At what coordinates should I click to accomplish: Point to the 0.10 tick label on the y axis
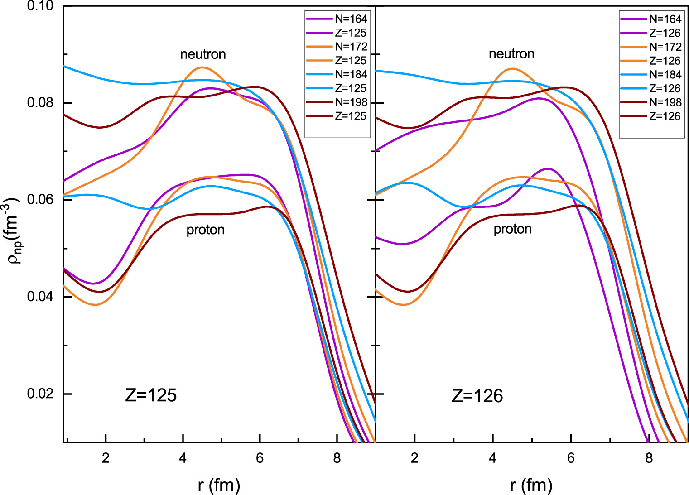click(x=40, y=6)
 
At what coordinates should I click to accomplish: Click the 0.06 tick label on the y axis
click(x=40, y=200)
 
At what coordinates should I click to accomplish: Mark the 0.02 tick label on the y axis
click(x=40, y=394)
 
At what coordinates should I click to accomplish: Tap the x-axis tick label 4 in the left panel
click(x=183, y=458)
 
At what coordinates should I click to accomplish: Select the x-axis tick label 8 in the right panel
click(x=649, y=458)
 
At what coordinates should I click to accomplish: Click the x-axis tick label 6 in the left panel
click(x=260, y=458)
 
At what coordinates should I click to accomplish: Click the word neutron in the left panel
click(x=203, y=54)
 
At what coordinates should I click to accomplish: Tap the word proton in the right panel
click(x=512, y=229)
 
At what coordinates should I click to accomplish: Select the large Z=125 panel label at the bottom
click(x=151, y=395)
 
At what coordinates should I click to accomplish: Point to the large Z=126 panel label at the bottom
click(x=477, y=396)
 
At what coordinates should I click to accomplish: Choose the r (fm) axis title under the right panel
click(x=531, y=485)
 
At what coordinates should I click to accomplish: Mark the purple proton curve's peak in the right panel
click(x=548, y=168)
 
